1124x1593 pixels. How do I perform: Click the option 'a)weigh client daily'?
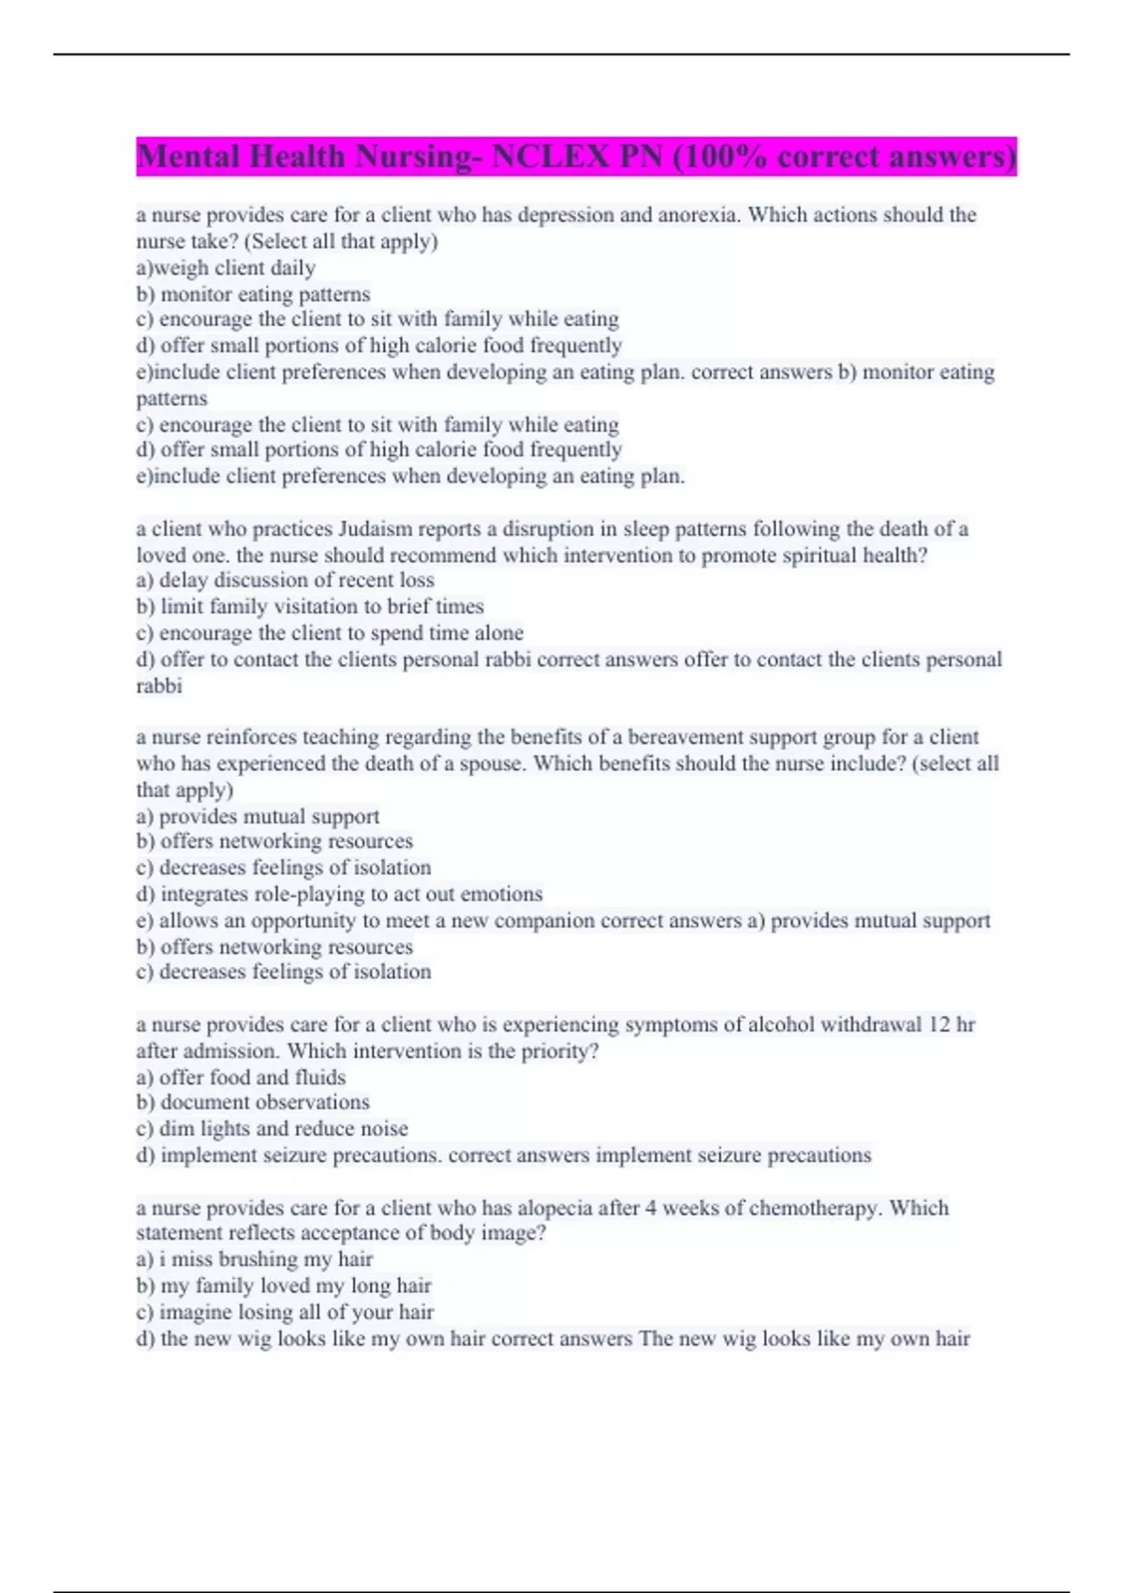226,268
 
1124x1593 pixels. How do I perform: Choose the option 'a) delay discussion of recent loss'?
285,580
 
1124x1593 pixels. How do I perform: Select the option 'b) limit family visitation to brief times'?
310,606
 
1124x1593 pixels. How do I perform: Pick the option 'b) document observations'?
253,1102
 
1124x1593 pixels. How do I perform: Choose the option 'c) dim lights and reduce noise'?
272,1128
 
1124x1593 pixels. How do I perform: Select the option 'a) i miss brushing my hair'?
254,1258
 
